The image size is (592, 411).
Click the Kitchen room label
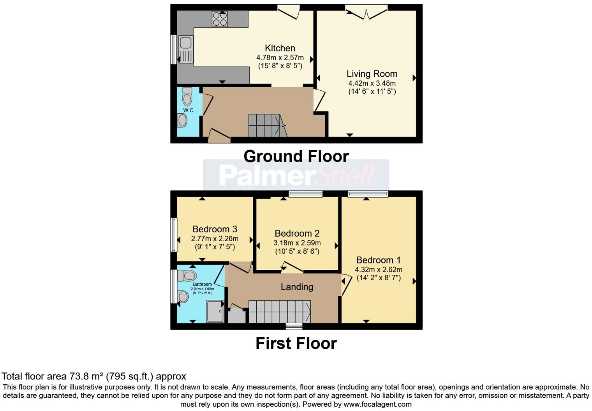pos(280,48)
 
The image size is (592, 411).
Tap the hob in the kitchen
pos(220,19)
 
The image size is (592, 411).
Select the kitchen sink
pos(186,49)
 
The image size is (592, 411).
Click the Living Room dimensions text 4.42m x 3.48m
pos(372,83)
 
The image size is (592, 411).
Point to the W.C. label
pos(189,110)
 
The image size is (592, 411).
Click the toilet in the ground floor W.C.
pos(187,97)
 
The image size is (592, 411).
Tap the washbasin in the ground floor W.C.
pos(182,121)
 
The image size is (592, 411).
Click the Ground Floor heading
pos(296,156)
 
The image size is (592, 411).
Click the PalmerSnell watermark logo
pos(296,175)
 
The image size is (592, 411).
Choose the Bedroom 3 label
pos(215,229)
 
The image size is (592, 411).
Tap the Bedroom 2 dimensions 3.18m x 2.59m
pos(297,243)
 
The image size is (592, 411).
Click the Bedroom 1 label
pos(378,260)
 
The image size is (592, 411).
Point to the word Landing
pos(297,287)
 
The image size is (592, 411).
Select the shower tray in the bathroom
pos(215,311)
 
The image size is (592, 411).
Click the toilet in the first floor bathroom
pos(187,276)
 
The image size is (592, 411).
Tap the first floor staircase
pos(279,312)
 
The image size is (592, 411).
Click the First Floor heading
pos(296,344)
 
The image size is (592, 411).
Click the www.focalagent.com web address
pos(377,404)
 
